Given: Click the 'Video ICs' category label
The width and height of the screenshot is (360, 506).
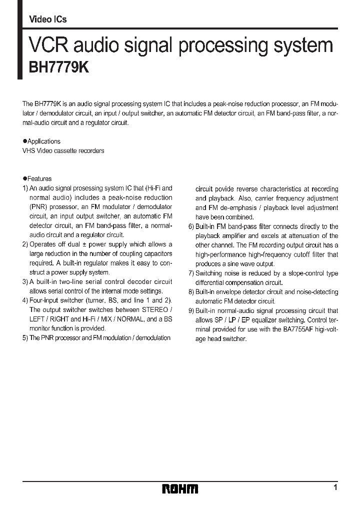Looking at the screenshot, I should pyautogui.click(x=48, y=19).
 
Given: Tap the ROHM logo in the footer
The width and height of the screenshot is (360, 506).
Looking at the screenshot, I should pyautogui.click(x=180, y=488).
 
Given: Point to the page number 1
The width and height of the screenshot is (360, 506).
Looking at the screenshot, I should pyautogui.click(x=335, y=487).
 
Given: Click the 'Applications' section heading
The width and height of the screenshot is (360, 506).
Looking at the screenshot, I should pyautogui.click(x=43, y=141).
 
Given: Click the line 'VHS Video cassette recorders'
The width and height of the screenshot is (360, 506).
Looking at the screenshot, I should pyautogui.click(x=63, y=150).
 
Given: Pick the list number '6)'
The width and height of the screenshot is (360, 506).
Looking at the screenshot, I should pyautogui.click(x=191, y=226).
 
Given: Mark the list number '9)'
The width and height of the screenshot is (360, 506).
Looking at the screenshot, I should pyautogui.click(x=191, y=310).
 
